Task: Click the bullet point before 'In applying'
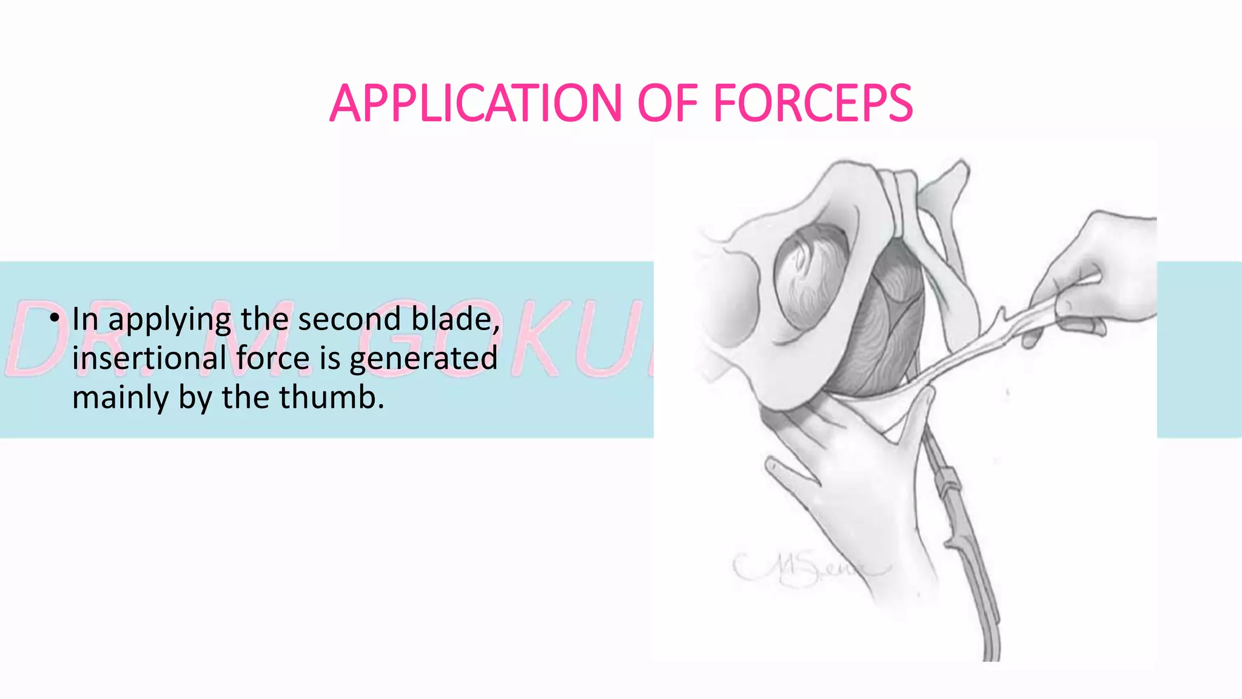coord(55,318)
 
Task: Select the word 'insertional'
coord(149,358)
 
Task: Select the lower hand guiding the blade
coord(849,485)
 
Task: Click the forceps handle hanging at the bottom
coord(970,546)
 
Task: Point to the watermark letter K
coord(546,340)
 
